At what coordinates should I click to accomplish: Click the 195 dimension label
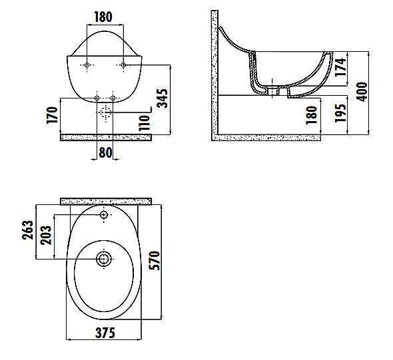click(340, 115)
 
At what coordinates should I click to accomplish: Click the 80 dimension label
click(105, 152)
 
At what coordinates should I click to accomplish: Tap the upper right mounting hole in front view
click(122, 65)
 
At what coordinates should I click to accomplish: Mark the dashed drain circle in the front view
click(105, 114)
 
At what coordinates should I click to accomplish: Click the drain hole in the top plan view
click(105, 258)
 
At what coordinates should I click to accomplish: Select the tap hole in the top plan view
click(105, 216)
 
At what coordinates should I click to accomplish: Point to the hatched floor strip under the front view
click(106, 137)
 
